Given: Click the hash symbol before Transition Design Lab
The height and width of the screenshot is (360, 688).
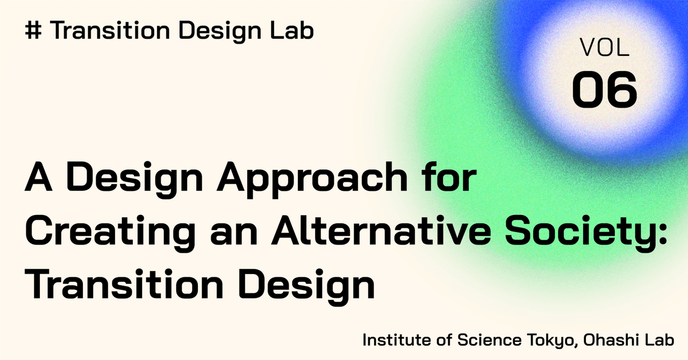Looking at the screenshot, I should [34, 32].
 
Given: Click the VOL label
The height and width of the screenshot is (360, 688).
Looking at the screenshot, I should [605, 49].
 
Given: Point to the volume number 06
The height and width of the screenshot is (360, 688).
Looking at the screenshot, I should [605, 89].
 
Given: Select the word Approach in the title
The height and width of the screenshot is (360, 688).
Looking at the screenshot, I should [315, 178].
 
